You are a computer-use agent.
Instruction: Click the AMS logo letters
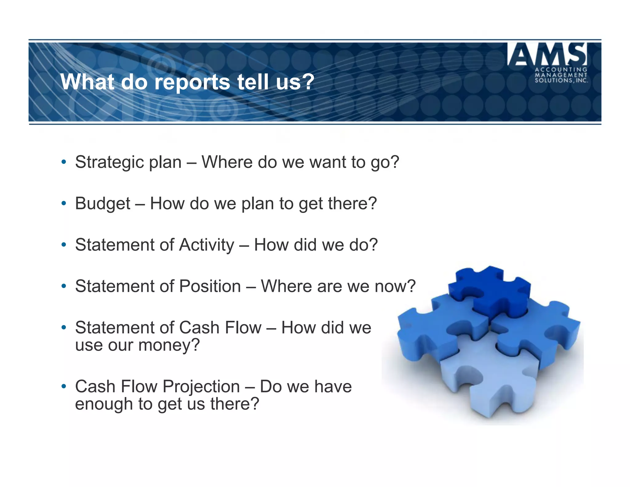(547, 54)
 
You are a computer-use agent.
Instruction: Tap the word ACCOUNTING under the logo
(561, 70)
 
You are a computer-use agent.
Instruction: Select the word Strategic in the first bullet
(108, 162)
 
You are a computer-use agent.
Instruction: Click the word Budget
(103, 203)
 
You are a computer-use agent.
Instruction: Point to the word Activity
(207, 245)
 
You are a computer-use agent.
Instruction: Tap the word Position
(210, 286)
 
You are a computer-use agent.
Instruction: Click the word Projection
(201, 387)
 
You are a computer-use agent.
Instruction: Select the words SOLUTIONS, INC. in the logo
(561, 81)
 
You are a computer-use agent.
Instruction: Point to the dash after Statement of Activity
(244, 246)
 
